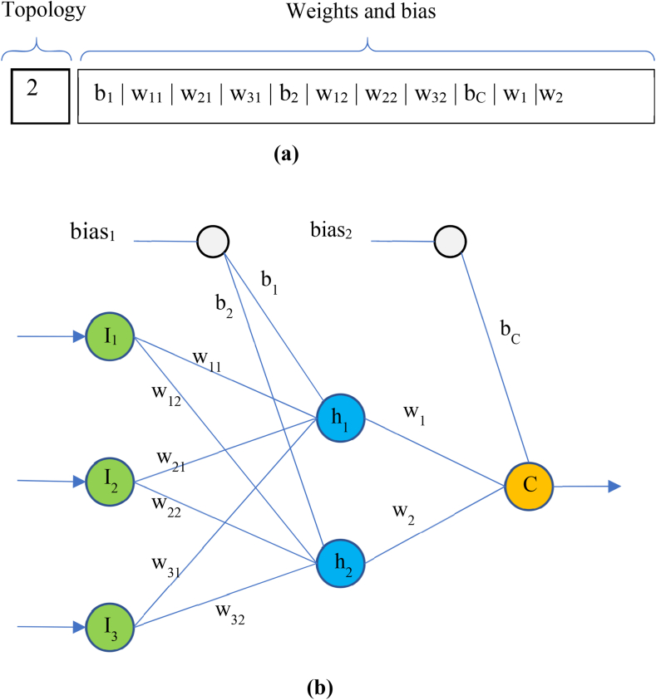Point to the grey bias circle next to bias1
coord(213,241)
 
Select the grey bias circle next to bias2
coord(450,241)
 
